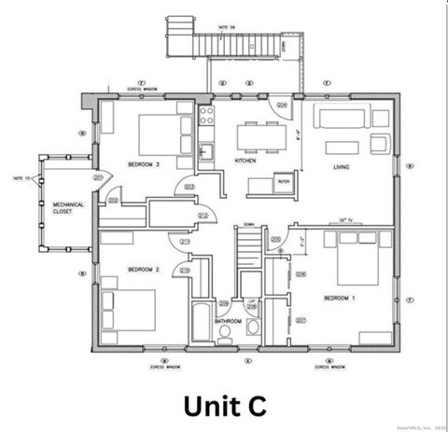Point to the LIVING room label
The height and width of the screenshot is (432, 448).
pos(342,167)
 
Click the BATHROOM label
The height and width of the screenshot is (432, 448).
pos(228,321)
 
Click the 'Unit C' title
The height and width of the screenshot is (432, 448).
pos(224,405)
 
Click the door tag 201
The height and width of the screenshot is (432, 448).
pos(97,177)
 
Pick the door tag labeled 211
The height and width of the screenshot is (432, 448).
pos(185,244)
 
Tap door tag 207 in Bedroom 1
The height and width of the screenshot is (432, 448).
pos(301,320)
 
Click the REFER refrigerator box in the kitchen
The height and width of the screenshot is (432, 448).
pos(282,182)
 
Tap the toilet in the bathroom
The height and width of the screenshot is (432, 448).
pos(226,340)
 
